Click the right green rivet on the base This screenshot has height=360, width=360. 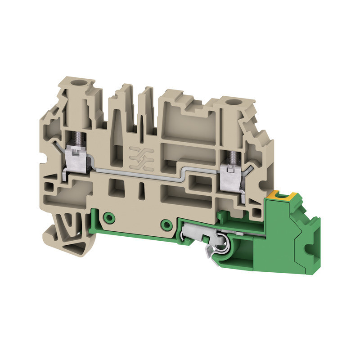[167, 224]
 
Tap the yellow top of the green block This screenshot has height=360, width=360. [279, 195]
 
